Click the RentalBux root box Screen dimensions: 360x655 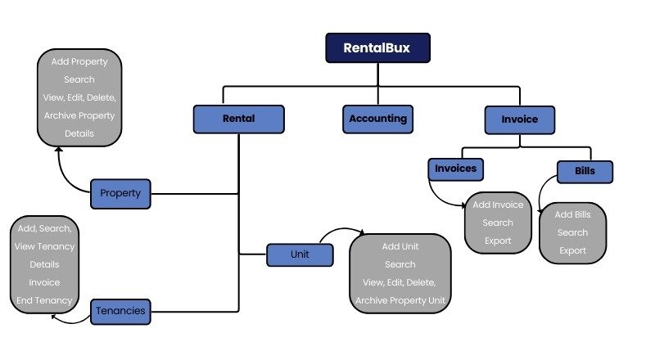(x=377, y=47)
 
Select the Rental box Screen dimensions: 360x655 (x=238, y=119)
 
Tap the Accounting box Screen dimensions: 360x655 (x=377, y=119)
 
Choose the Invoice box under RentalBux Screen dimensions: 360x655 (x=519, y=119)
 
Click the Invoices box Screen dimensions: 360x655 (x=456, y=169)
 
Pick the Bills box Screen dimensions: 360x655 (x=585, y=172)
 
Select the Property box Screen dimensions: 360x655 (x=120, y=194)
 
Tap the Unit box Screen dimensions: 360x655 (x=300, y=255)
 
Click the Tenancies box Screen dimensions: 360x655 (x=120, y=311)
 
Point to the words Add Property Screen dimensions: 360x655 (x=79, y=62)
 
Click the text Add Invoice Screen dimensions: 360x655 (x=498, y=205)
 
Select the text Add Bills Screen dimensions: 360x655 (x=572, y=214)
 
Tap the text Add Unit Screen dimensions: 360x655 (x=400, y=246)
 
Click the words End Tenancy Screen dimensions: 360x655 (x=44, y=300)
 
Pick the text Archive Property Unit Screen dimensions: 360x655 (x=400, y=300)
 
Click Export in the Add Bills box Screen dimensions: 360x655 (x=572, y=250)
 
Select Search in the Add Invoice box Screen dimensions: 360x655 (x=498, y=223)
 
